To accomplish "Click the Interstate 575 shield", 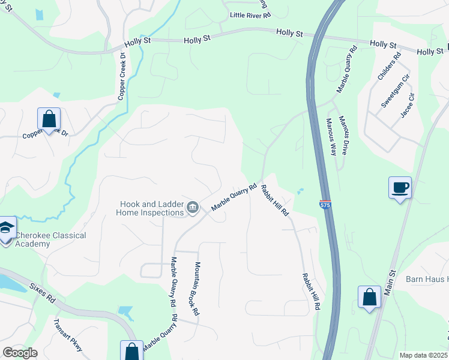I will (x=325, y=205).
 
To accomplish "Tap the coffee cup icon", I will (x=400, y=188).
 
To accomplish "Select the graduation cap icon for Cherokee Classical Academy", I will (x=6, y=229).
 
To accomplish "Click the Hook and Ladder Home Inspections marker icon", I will (x=193, y=208).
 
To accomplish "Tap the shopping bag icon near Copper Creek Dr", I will (x=49, y=119).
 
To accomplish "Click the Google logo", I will (x=20, y=352).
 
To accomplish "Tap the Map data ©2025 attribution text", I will (x=424, y=355).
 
